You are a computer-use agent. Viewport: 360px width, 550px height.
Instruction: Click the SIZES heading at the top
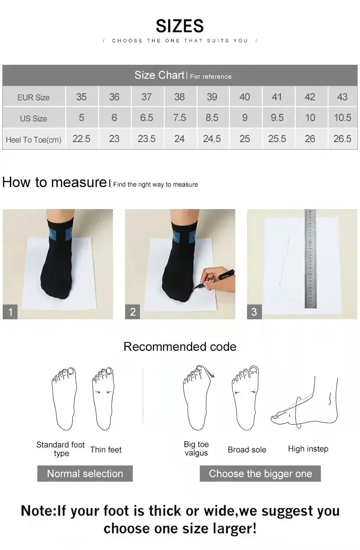tap(180, 26)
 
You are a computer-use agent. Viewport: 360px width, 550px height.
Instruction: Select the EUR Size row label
tap(33, 97)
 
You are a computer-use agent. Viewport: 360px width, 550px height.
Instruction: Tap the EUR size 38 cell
tap(179, 97)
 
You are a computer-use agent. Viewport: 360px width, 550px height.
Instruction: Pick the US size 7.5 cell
tap(179, 117)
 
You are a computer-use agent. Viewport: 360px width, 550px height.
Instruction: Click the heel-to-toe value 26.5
tap(342, 139)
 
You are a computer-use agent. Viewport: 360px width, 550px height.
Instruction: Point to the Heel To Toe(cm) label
tap(33, 139)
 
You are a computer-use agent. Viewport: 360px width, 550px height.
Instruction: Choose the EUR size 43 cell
tap(342, 97)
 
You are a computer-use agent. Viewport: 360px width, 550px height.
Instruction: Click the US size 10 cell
tap(310, 117)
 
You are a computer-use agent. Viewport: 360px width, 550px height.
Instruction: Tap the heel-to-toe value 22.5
tap(81, 139)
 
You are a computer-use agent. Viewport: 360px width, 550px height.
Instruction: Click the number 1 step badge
tap(10, 312)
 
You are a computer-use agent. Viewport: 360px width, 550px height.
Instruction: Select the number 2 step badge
tap(133, 312)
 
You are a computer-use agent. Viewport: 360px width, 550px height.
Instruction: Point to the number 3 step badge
tap(254, 312)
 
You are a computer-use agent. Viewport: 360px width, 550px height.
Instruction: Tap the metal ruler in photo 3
tap(310, 259)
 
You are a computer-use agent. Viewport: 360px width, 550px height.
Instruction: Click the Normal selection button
tap(85, 474)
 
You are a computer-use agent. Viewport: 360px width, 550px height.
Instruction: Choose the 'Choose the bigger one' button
tap(260, 474)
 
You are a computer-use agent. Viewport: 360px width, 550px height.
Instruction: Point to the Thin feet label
tap(106, 449)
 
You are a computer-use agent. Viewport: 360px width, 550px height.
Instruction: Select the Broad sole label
tap(247, 449)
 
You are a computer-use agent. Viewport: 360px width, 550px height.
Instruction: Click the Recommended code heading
tap(180, 347)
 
